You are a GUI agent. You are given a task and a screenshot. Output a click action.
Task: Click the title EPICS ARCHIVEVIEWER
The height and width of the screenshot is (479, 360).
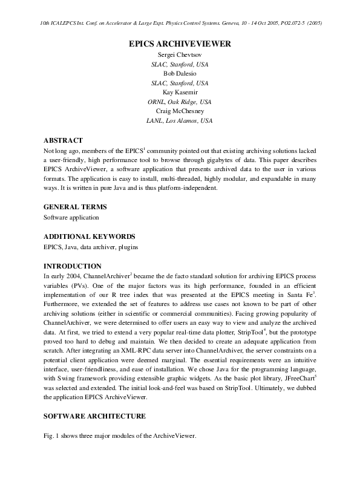(180, 44)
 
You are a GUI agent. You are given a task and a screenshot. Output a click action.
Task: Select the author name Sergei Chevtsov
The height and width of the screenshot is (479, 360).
(180, 55)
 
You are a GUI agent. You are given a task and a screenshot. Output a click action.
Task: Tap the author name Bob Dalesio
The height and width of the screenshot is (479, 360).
(180, 73)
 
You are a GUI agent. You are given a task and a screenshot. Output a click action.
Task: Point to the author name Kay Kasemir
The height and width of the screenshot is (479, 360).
(180, 92)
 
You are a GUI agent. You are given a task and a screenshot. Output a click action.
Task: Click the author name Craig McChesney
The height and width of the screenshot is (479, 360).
(180, 111)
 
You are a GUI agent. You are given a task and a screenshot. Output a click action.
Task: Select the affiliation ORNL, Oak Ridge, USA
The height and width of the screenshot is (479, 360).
(180, 102)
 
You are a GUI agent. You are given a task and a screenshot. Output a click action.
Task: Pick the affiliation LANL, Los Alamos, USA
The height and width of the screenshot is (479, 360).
(180, 120)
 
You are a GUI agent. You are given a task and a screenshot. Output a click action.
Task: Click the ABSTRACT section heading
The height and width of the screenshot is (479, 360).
(63, 140)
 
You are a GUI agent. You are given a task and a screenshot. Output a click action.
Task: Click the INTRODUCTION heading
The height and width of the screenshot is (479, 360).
(72, 266)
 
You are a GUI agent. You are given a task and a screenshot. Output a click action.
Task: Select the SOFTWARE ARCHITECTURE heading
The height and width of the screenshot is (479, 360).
(94, 416)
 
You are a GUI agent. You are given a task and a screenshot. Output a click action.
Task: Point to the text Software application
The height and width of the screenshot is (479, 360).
(71, 217)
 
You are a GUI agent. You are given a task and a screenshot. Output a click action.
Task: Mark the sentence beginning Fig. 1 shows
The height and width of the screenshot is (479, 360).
(119, 437)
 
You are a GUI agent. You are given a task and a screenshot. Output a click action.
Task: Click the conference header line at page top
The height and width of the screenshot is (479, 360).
(180, 23)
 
